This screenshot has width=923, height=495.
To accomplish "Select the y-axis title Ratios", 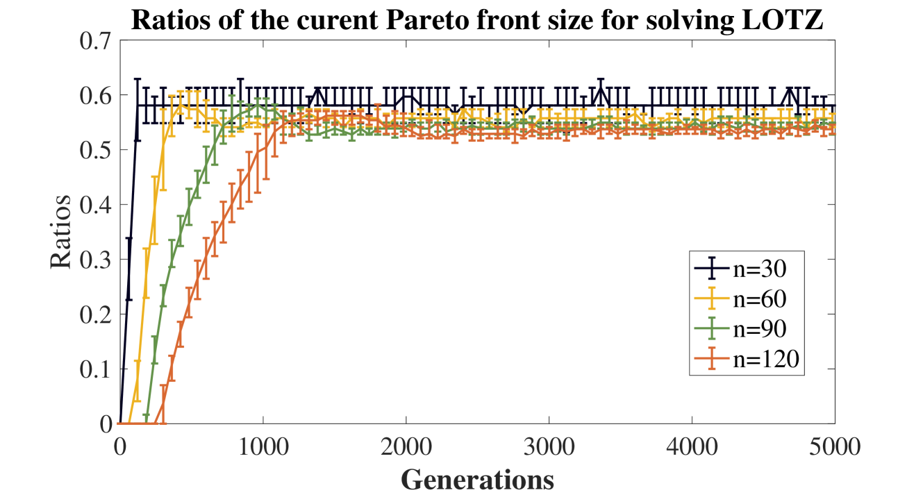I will pyautogui.click(x=61, y=232).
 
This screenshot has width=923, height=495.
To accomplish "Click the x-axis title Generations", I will pyautogui.click(x=477, y=479).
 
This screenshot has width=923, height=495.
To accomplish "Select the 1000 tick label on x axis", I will pyautogui.click(x=263, y=444).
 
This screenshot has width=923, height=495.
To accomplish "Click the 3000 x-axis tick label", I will pyautogui.click(x=549, y=444).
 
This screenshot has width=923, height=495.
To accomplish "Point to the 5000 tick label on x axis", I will pyautogui.click(x=834, y=444).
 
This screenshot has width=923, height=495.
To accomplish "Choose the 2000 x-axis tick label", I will pyautogui.click(x=406, y=444).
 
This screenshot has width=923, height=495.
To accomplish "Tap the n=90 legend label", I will pyautogui.click(x=758, y=328).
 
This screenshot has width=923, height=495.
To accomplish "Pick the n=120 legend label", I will pyautogui.click(x=763, y=359).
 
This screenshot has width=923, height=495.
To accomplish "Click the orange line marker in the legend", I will pyautogui.click(x=711, y=359).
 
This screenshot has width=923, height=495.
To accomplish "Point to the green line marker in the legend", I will pyautogui.click(x=711, y=328).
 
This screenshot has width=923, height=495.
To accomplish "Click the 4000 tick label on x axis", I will pyautogui.click(x=692, y=444).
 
